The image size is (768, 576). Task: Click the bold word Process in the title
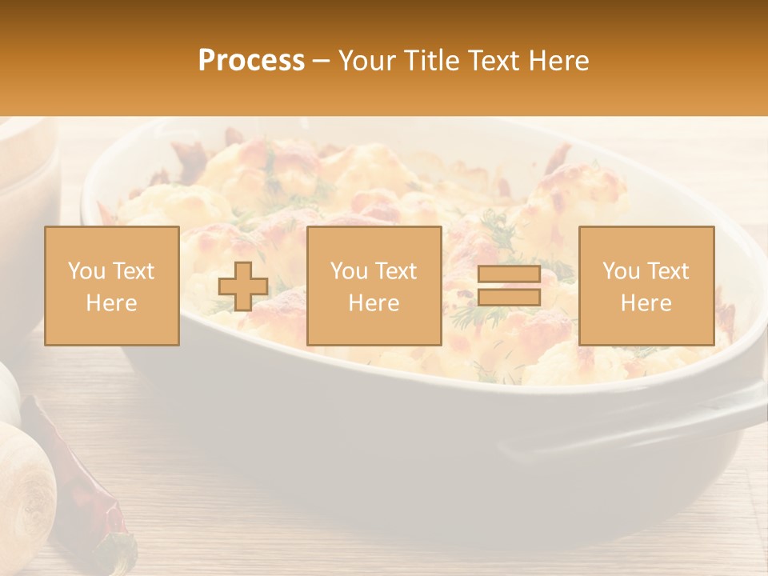(x=251, y=61)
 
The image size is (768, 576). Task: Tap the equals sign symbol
(x=509, y=286)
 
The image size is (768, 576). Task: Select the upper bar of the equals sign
(x=509, y=274)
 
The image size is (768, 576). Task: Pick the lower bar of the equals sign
(x=509, y=298)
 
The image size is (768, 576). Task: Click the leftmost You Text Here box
(x=112, y=286)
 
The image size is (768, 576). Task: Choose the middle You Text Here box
(x=374, y=286)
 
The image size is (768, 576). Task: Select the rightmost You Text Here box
(x=646, y=286)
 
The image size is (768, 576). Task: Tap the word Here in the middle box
(x=374, y=302)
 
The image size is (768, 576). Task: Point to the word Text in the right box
(x=667, y=271)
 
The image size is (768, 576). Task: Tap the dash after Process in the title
(x=321, y=62)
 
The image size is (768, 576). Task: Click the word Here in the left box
(x=112, y=302)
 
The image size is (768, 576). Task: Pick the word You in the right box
(x=622, y=271)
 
